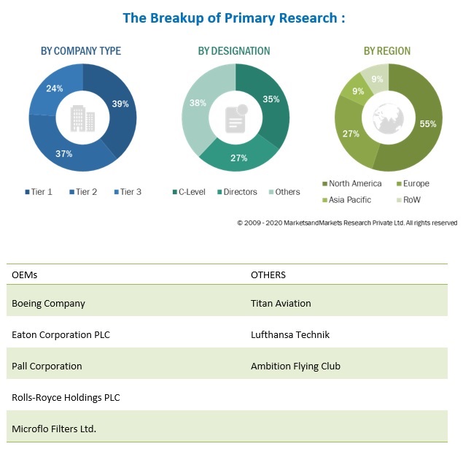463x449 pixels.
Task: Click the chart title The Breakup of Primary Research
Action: pyautogui.click(x=233, y=18)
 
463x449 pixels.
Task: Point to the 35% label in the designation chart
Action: pyautogui.click(x=271, y=99)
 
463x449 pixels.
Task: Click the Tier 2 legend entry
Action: pyautogui.click(x=83, y=192)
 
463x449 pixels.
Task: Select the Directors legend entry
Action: pyautogui.click(x=236, y=192)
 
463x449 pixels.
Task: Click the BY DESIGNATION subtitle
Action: pyautogui.click(x=234, y=51)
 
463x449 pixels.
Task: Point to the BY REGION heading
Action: pyautogui.click(x=387, y=51)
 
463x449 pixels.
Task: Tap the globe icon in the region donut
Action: pyautogui.click(x=388, y=117)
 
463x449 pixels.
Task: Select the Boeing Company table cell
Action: pyautogui.click(x=49, y=303)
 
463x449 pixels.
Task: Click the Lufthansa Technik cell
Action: pyautogui.click(x=290, y=334)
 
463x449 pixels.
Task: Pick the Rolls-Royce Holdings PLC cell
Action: pyautogui.click(x=66, y=398)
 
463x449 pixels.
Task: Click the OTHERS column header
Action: pyautogui.click(x=268, y=275)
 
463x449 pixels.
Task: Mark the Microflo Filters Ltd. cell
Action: pyautogui.click(x=54, y=429)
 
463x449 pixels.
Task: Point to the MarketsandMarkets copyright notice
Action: pyautogui.click(x=347, y=223)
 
